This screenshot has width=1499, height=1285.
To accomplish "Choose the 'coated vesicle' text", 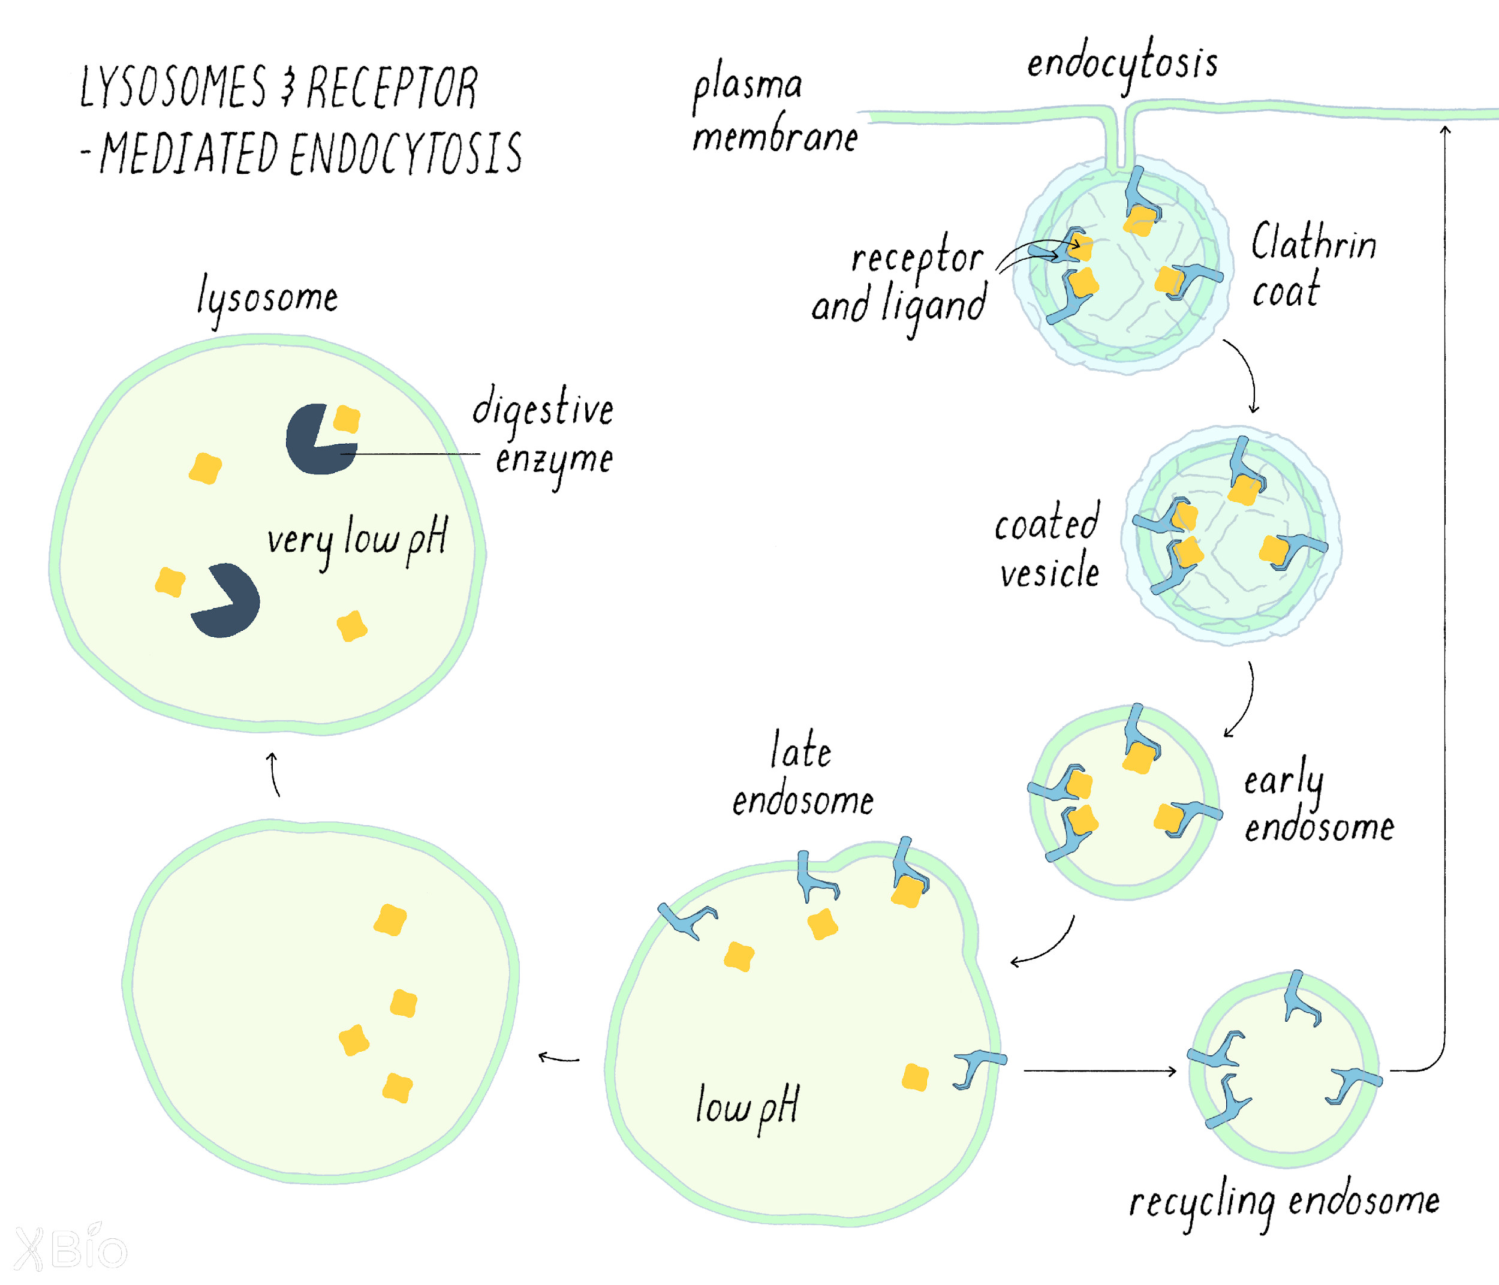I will [1048, 546].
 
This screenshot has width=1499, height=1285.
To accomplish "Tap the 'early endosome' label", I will [1317, 803].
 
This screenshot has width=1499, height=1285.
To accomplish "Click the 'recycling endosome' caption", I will [1284, 1202].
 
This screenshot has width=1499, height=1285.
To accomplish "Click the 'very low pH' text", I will [357, 539].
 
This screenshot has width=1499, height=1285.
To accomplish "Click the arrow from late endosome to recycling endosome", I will [1100, 1071].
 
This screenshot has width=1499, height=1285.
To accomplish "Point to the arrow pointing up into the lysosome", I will [274, 774].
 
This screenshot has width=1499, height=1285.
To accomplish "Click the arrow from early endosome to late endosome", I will [1045, 944].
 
